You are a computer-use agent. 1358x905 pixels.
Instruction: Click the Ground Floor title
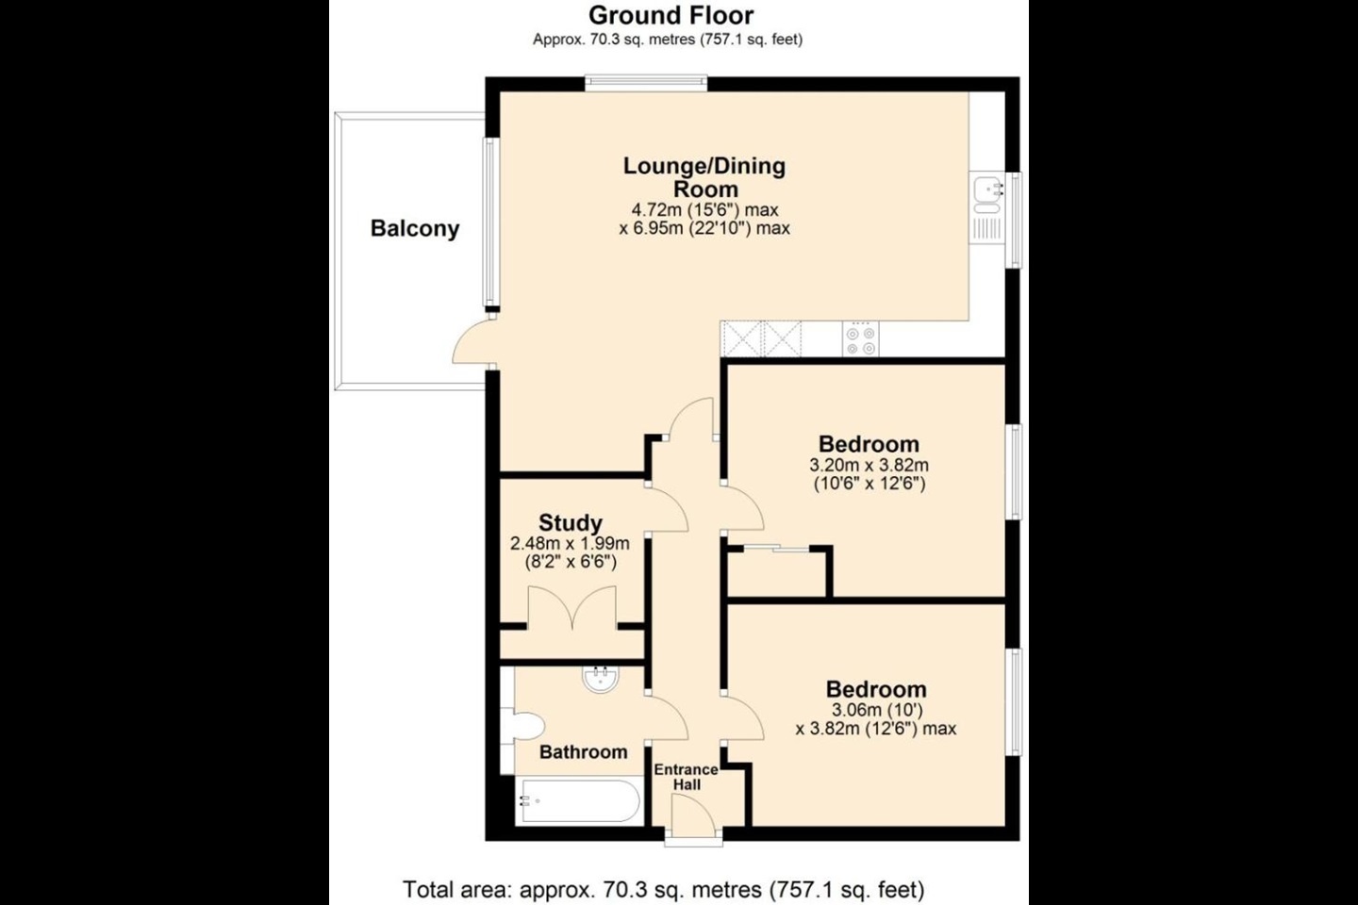click(671, 14)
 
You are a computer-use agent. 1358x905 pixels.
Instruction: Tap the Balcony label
click(415, 228)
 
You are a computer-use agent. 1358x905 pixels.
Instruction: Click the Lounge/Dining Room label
click(704, 177)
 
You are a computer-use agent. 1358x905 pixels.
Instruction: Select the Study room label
click(571, 522)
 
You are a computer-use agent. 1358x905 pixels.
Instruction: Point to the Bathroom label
click(583, 752)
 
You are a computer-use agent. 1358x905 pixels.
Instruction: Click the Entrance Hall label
click(687, 777)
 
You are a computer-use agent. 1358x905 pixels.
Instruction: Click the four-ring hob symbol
click(860, 338)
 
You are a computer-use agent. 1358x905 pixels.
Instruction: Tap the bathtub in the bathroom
click(580, 800)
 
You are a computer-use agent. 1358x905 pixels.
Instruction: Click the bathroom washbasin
click(601, 679)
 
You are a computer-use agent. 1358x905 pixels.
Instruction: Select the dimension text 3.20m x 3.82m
click(869, 466)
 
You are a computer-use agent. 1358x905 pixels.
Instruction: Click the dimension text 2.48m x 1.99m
click(570, 544)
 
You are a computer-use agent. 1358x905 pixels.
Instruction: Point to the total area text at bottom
click(664, 890)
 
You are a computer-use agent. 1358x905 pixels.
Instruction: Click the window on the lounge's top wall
click(646, 83)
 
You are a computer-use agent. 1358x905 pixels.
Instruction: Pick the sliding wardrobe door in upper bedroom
click(776, 549)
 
